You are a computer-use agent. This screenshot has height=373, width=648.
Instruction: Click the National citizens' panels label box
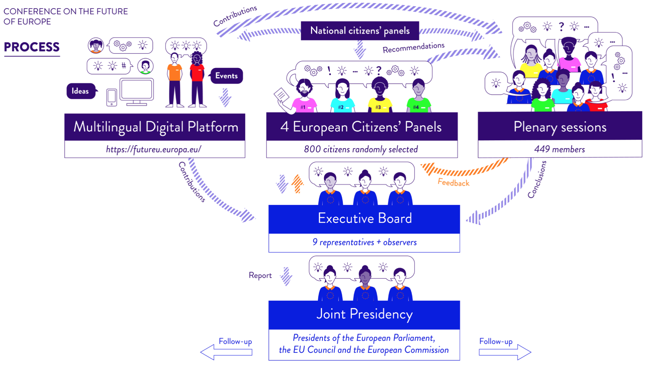click(360, 31)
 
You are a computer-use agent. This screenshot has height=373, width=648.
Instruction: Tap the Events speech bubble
click(226, 76)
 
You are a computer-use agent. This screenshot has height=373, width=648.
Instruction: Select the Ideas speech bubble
click(80, 91)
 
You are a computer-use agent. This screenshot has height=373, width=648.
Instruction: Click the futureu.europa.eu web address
click(153, 149)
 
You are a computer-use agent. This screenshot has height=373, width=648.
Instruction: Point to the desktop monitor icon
click(136, 91)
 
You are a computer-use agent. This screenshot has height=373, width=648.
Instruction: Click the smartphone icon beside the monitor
click(111, 97)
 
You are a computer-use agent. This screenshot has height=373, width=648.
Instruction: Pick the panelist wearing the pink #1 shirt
click(304, 96)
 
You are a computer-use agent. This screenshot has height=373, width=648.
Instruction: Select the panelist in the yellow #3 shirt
click(379, 96)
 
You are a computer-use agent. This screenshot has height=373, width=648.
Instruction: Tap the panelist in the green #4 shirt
click(418, 96)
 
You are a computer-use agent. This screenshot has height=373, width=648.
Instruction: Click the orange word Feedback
click(453, 183)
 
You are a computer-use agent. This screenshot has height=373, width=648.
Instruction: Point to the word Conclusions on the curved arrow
click(537, 179)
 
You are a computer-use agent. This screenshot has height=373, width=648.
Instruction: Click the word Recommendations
click(413, 48)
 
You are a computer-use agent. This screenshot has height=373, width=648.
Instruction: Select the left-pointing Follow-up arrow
click(226, 352)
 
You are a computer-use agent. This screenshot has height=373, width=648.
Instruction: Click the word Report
click(260, 275)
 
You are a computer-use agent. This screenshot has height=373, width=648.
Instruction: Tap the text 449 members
click(560, 149)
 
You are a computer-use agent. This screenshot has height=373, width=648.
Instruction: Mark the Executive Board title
click(364, 219)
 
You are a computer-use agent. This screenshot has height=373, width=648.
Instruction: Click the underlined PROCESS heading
click(32, 47)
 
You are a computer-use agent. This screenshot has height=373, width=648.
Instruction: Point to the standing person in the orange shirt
click(175, 81)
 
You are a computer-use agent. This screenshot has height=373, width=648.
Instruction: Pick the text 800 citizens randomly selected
click(361, 149)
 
